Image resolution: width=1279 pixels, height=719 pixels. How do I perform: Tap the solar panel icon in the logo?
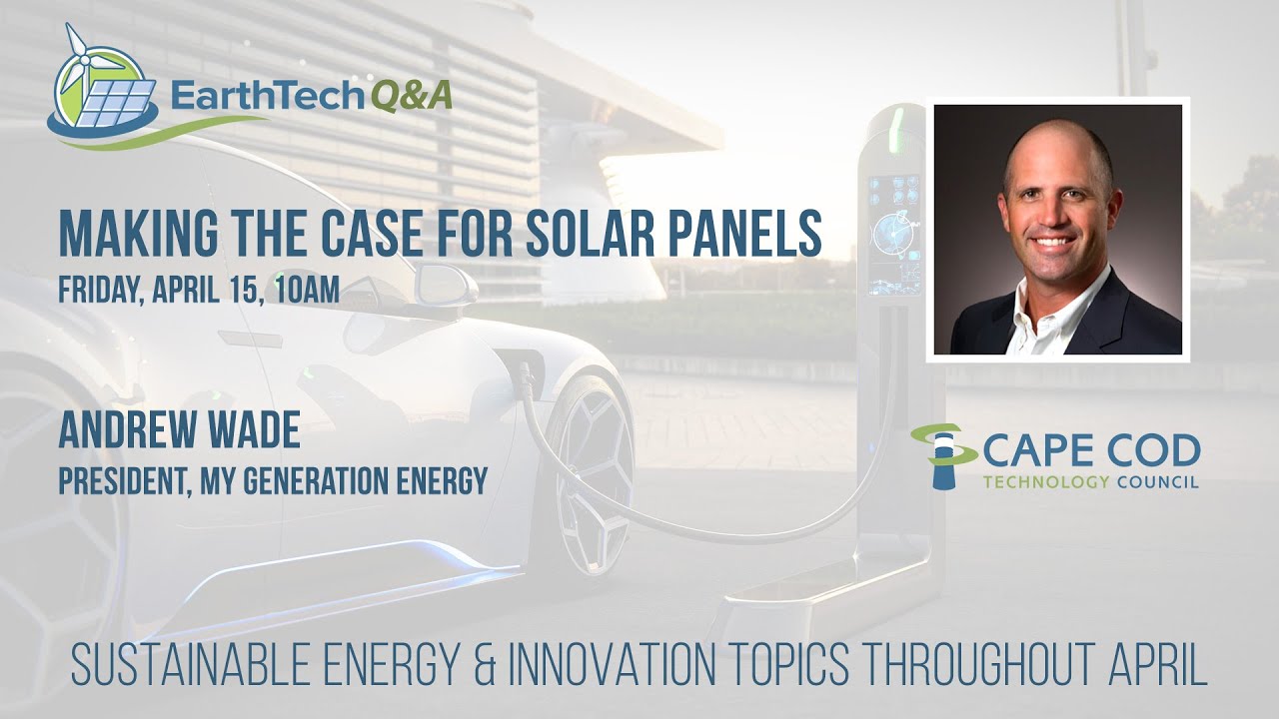[117, 101]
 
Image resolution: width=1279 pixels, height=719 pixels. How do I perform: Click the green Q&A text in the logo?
[412, 96]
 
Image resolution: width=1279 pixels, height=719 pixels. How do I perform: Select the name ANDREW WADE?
[179, 431]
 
